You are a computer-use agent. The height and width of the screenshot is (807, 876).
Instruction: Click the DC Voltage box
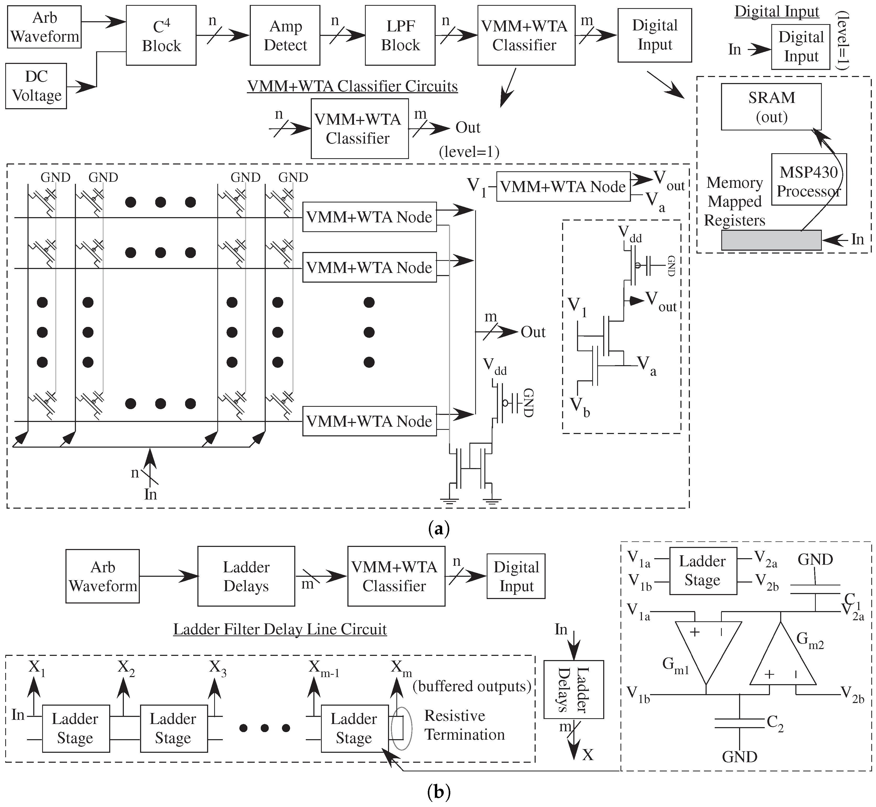click(x=36, y=86)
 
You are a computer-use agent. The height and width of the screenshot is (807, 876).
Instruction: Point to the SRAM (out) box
click(x=771, y=107)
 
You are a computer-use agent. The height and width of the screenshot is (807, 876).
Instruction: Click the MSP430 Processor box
click(x=808, y=179)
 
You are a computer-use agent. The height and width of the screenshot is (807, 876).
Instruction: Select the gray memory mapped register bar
click(x=771, y=240)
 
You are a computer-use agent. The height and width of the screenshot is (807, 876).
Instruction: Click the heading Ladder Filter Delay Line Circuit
click(x=280, y=629)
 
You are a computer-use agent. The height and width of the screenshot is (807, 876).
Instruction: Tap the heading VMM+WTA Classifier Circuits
click(x=352, y=86)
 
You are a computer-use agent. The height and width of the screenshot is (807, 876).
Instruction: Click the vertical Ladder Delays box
click(x=573, y=690)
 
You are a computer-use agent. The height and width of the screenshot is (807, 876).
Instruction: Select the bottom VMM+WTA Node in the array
click(x=369, y=421)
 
